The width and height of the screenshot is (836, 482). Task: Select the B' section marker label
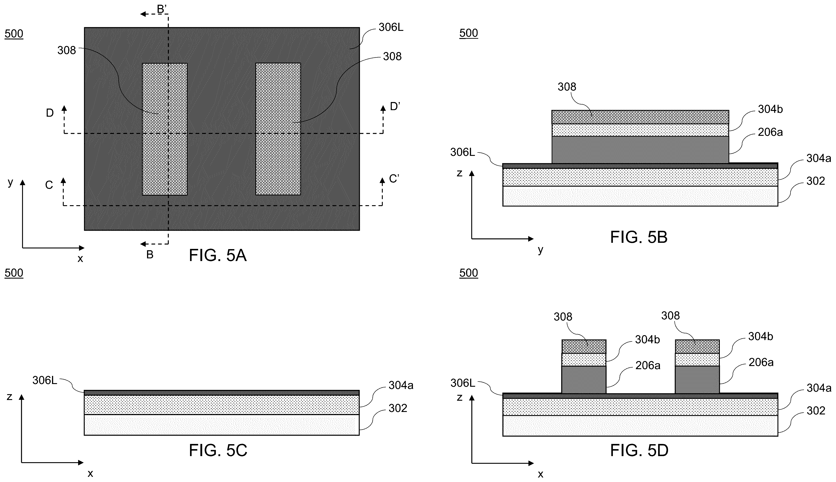tap(162, 9)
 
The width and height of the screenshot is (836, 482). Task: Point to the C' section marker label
tap(394, 179)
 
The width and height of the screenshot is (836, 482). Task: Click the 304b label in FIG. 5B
tap(770, 109)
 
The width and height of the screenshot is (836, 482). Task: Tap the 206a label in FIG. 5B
tap(770, 132)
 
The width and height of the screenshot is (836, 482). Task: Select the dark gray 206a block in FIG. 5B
tap(640, 150)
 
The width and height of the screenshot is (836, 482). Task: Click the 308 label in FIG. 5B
tap(567, 87)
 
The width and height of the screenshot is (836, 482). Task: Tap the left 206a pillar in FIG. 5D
tap(584, 379)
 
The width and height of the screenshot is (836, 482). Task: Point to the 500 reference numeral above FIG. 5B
tap(469, 33)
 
